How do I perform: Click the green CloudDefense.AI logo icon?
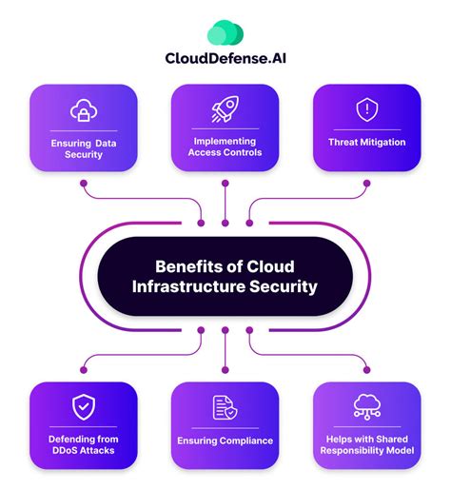coord(225,34)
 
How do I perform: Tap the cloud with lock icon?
coord(84,112)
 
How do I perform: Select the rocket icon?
coord(225,112)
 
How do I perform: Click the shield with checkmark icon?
coord(84,406)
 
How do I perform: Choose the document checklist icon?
coord(225,407)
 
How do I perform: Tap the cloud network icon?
coord(366,406)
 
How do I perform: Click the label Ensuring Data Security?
coord(84,147)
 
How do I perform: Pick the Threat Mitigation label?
coord(366,142)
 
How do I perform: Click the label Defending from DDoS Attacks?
coord(84,445)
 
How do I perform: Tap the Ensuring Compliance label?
coord(225,440)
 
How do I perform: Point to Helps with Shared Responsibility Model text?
coord(366,445)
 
